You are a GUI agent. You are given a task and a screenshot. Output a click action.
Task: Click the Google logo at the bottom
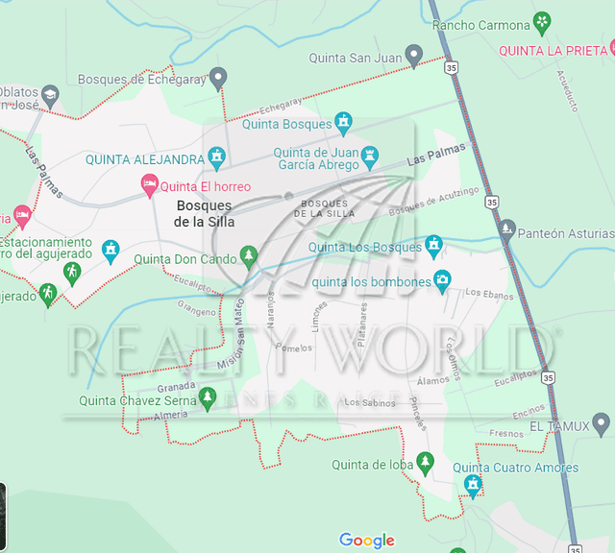point(367,541)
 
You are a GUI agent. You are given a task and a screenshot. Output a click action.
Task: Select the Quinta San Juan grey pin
point(414,56)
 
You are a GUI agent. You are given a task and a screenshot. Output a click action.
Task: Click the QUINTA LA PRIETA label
point(554,50)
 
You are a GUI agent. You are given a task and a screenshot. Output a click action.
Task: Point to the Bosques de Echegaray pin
point(218,77)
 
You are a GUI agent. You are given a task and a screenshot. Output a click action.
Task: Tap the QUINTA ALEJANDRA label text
point(144,159)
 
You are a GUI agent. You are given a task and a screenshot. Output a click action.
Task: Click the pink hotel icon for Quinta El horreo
point(149,184)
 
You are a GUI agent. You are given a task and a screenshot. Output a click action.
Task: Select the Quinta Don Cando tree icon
point(249,256)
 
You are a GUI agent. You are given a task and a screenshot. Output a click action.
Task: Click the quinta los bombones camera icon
point(442,280)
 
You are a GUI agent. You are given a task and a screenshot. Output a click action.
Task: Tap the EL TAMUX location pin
point(602,422)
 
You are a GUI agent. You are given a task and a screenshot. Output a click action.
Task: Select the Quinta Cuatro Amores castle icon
point(471,485)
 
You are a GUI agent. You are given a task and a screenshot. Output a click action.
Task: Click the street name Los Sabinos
point(369,403)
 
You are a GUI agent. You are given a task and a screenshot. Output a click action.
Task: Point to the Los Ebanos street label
point(485,293)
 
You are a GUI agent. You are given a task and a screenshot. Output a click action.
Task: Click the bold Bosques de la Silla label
point(203,213)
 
